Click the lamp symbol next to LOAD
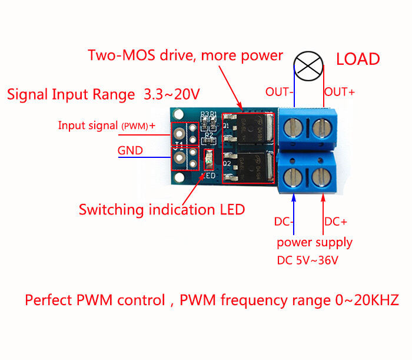pyautogui.click(x=309, y=67)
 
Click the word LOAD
pyautogui.click(x=358, y=60)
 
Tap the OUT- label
pyautogui.click(x=280, y=93)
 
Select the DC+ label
pyautogui.click(x=336, y=222)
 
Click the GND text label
pyautogui.click(x=130, y=150)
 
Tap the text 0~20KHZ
pyautogui.click(x=363, y=300)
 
